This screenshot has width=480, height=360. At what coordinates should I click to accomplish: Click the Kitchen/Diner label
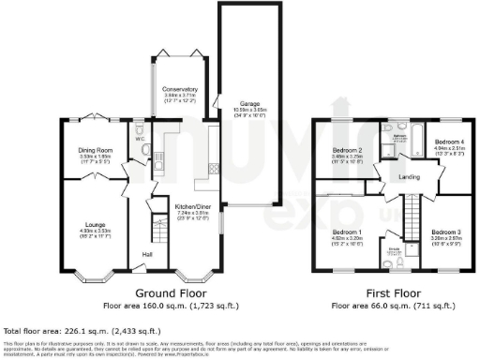tap(191, 208)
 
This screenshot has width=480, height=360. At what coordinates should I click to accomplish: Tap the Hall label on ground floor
tap(146, 254)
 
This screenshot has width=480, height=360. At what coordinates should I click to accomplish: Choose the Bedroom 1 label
tap(348, 232)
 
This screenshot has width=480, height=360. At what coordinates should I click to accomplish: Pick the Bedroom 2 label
tap(348, 151)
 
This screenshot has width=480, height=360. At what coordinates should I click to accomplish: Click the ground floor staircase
tap(157, 230)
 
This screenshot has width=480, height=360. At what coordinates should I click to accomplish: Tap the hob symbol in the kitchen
tap(214, 169)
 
